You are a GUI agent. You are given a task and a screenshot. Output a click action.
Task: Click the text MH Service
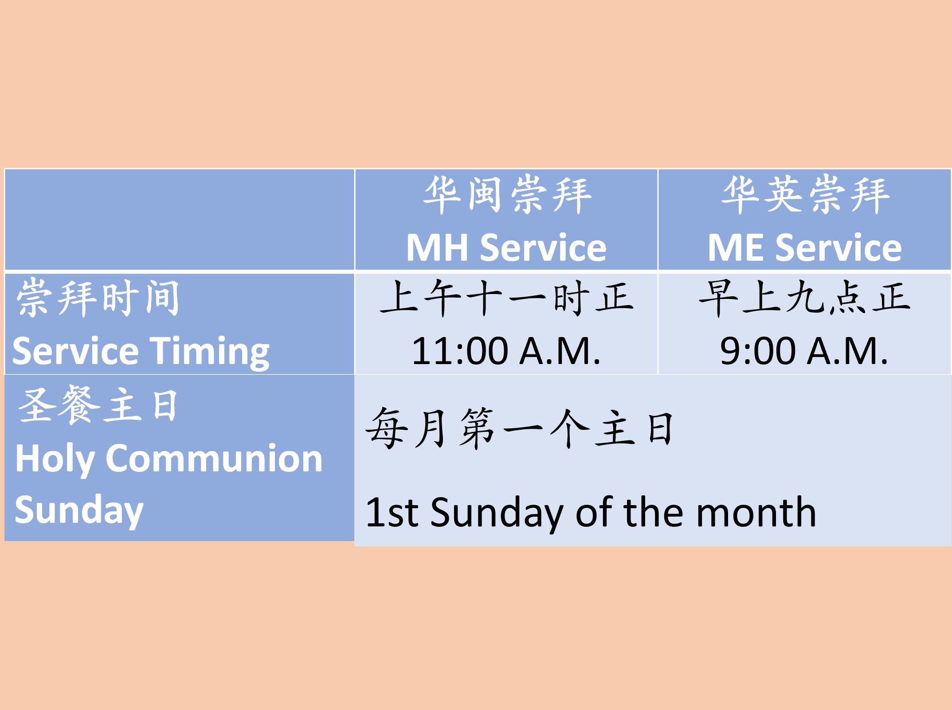[x=506, y=247]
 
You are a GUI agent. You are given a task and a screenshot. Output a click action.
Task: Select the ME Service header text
[x=804, y=247]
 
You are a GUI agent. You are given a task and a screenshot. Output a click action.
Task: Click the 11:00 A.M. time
[x=506, y=351]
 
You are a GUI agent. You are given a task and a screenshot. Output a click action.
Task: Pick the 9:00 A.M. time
[x=804, y=351]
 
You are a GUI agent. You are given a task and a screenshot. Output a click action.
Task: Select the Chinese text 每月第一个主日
[x=520, y=428]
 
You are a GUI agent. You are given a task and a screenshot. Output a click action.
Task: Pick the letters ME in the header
[x=737, y=247]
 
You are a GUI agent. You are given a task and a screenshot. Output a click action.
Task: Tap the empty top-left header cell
[x=180, y=220]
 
